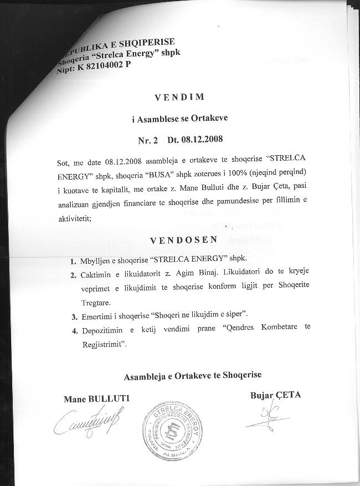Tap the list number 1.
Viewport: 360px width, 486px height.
(73, 260)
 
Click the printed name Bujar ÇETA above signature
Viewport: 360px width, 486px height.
(275, 395)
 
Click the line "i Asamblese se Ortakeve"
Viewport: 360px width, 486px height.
(180, 117)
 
